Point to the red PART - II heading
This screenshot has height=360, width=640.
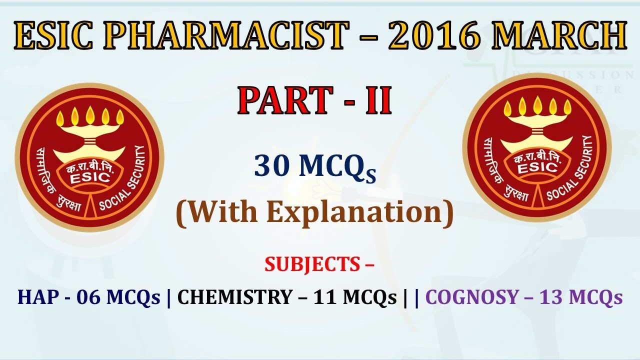click(314, 100)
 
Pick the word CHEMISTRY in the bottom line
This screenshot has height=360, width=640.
click(234, 297)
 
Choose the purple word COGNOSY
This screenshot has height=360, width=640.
click(472, 297)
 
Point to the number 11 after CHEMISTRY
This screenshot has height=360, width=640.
click(325, 297)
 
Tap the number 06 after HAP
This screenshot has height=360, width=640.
click(88, 297)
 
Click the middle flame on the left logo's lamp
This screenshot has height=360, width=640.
click(90, 115)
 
